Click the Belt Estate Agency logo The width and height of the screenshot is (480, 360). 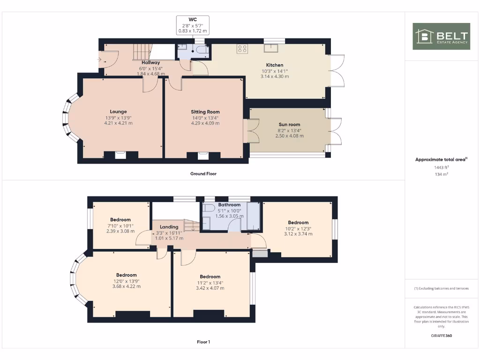pos(441,36)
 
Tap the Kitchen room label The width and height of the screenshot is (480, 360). pos(275,65)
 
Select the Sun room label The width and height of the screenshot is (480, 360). pos(289,125)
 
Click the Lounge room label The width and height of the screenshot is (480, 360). pos(118,112)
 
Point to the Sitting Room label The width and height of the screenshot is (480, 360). pos(205,112)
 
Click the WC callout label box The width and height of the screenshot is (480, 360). pos(192,25)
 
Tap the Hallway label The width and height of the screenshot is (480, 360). pos(150,62)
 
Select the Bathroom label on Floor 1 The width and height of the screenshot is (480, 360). pos(229,205)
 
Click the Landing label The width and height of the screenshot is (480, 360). pos(169,227)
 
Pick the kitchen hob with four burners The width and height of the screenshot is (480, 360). pos(242,48)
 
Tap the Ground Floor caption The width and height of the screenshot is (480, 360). pos(203,173)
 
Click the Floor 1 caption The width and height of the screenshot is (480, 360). pos(203,342)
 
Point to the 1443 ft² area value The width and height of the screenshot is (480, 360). pos(441,167)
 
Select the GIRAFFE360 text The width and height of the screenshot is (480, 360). pos(441,336)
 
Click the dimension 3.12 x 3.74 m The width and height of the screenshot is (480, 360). pos(298,234)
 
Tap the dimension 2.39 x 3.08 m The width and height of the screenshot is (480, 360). pos(120,231)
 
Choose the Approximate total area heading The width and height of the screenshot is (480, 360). pos(441,159)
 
